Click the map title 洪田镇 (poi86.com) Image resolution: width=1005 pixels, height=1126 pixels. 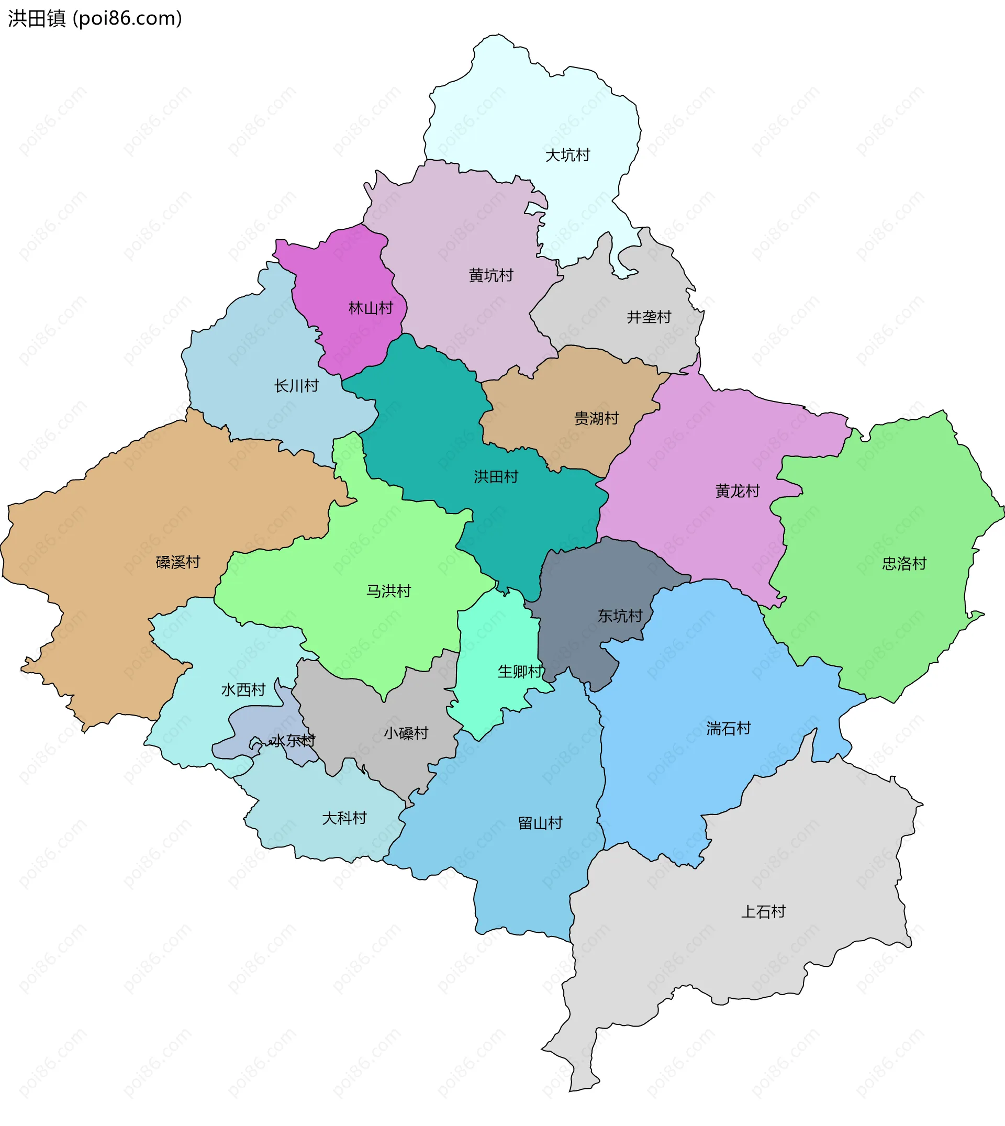[95, 19]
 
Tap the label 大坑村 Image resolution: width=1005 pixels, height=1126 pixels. [567, 155]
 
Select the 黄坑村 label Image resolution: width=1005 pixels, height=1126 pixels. [491, 275]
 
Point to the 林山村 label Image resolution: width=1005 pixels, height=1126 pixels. [371, 308]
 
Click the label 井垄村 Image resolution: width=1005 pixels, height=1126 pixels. [649, 317]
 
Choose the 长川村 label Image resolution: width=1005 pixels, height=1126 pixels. [297, 385]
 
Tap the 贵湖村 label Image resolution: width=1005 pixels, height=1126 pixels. [596, 419]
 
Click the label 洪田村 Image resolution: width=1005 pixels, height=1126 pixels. [496, 476]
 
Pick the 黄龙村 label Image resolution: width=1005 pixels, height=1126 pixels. [737, 491]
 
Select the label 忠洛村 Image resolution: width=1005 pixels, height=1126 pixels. [904, 563]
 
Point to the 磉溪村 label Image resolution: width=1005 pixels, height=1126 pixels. [178, 562]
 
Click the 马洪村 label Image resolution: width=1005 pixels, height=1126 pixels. [389, 591]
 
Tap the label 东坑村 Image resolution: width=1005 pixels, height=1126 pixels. [620, 616]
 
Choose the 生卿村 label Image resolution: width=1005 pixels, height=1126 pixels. [520, 672]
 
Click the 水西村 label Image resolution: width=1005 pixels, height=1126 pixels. [243, 690]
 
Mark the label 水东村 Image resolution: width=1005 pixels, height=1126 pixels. [293, 741]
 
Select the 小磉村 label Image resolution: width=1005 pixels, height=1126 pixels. [406, 733]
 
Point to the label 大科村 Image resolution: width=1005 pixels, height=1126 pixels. [344, 818]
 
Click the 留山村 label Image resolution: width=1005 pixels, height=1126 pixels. [540, 823]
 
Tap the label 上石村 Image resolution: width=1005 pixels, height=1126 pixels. [763, 912]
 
